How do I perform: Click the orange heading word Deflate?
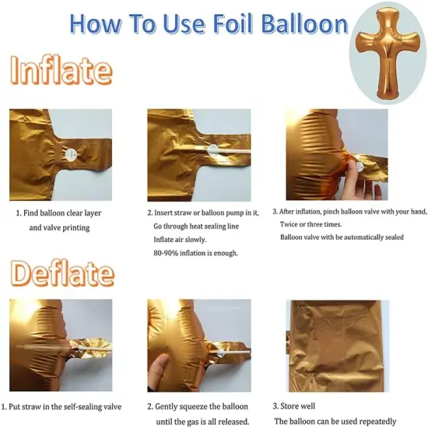pos(62,275)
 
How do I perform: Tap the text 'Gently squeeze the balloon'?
pos(202,406)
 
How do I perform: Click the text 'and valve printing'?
pos(60,227)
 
